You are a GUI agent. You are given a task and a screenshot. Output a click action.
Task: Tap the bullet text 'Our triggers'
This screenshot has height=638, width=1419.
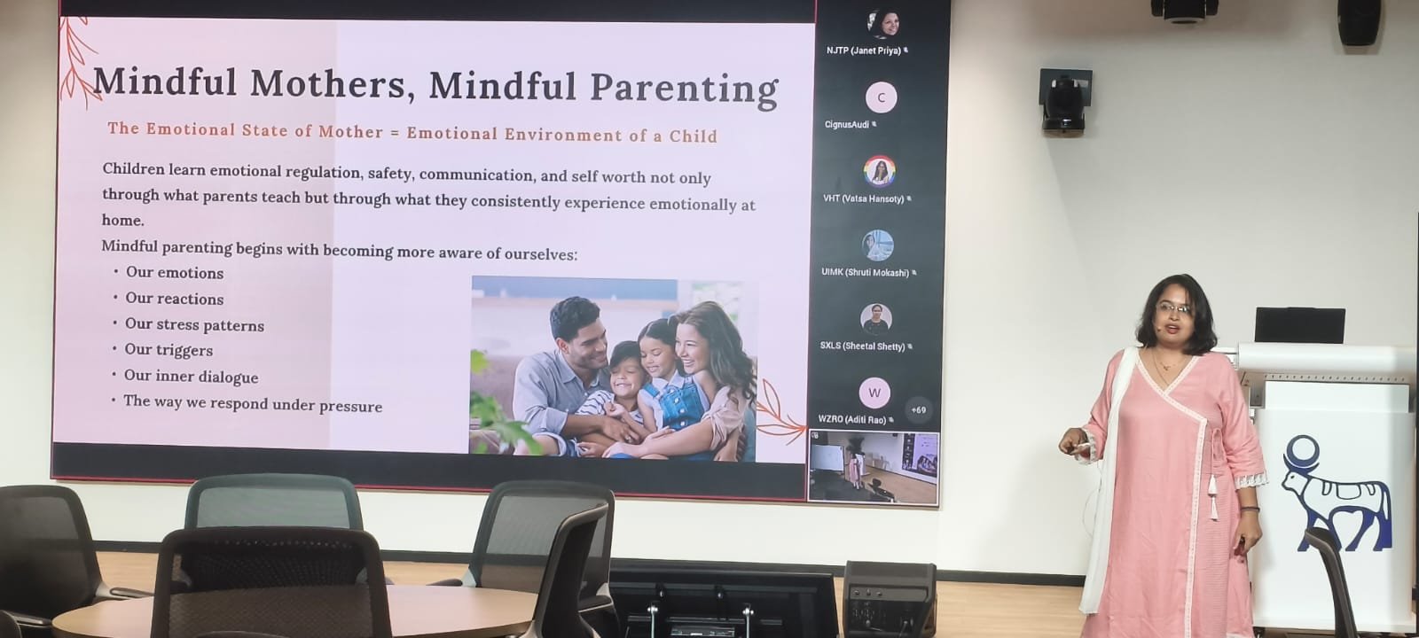point(169,350)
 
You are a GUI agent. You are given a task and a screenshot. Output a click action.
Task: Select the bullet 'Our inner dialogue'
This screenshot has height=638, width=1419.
point(192,377)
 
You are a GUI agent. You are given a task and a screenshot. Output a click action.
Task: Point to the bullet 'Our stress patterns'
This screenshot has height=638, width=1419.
point(194,324)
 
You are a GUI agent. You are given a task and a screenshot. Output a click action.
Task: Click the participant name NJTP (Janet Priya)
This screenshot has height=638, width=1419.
point(864,51)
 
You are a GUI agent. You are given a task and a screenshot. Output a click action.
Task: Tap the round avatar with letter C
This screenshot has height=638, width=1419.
point(882,97)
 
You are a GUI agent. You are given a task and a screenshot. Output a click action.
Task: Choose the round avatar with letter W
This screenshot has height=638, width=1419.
point(874,393)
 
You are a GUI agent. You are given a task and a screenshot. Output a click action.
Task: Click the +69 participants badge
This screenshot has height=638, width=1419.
point(919,410)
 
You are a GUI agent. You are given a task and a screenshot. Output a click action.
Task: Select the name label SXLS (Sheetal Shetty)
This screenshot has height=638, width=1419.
point(862,346)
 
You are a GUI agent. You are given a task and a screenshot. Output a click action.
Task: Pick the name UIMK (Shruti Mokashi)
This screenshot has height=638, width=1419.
point(866,273)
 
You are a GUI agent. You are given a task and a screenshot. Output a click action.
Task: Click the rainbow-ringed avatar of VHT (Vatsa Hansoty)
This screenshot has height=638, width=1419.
point(880,172)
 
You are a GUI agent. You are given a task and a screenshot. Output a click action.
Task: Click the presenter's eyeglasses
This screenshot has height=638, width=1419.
point(1173,309)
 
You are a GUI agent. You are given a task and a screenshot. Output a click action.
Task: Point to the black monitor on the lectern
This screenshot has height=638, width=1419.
point(1299,325)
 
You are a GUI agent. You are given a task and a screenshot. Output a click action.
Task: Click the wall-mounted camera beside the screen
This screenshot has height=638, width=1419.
point(1065,101)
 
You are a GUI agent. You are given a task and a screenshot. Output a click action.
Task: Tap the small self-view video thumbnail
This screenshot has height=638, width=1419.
point(874,468)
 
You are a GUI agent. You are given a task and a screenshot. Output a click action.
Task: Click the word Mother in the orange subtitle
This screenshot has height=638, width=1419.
point(350,132)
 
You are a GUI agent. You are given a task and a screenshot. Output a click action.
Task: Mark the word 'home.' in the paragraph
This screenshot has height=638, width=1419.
point(123,221)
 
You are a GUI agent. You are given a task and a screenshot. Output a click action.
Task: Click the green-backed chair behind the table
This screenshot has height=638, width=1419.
point(274,502)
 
